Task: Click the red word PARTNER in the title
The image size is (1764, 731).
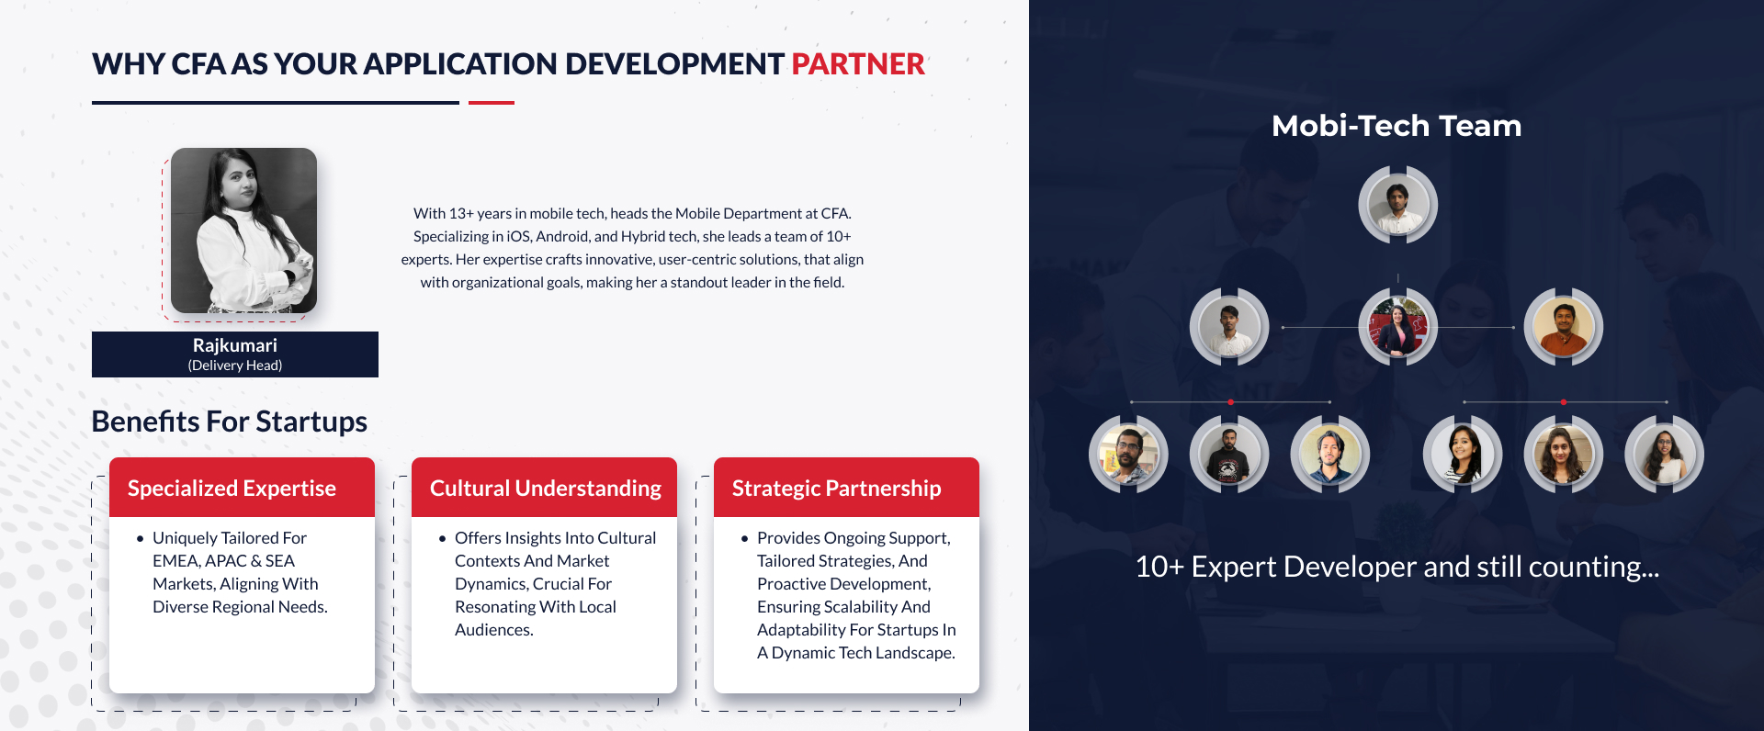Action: click(x=858, y=64)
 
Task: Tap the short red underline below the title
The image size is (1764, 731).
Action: click(x=492, y=103)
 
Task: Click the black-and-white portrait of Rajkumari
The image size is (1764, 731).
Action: click(x=243, y=231)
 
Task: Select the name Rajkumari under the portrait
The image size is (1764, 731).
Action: click(x=235, y=345)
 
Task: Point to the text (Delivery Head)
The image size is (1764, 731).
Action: click(x=235, y=365)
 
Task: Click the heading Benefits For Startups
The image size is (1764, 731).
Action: click(x=230, y=422)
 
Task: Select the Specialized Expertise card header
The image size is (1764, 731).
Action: click(x=242, y=488)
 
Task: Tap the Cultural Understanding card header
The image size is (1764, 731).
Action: click(x=544, y=488)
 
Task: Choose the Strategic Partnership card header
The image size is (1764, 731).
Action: click(x=846, y=488)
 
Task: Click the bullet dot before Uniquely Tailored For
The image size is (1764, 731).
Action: click(x=140, y=539)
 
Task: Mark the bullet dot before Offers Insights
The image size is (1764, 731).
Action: click(x=442, y=539)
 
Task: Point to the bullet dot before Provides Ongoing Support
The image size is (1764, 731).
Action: click(x=744, y=539)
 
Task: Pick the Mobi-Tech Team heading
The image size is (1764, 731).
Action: click(x=1396, y=126)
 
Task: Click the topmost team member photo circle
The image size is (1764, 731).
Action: click(x=1397, y=205)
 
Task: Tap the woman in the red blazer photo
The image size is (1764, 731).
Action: click(x=1397, y=327)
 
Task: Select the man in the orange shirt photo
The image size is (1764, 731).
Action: click(x=1563, y=327)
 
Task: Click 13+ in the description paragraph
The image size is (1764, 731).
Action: click(x=460, y=214)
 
